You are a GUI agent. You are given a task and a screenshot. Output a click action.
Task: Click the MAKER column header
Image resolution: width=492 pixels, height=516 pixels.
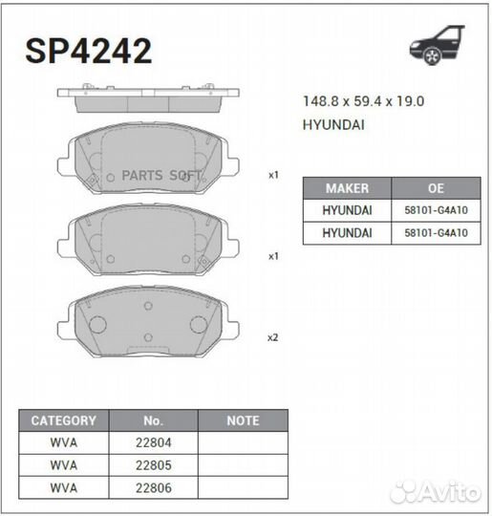pos(347,188)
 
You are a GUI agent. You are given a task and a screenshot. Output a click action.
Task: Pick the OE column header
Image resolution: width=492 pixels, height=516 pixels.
pos(436,188)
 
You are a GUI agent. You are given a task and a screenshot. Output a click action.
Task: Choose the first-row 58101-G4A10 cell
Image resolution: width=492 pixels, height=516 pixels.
pos(436,211)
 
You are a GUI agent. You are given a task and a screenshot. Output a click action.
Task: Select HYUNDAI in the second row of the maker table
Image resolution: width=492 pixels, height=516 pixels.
pos(347,233)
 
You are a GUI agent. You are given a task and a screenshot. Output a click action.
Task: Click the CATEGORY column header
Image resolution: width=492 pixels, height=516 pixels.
pos(64,420)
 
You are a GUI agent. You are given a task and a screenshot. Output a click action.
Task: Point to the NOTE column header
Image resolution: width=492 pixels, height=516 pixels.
pos(243,420)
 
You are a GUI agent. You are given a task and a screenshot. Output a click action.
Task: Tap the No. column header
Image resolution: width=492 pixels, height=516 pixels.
pos(154,420)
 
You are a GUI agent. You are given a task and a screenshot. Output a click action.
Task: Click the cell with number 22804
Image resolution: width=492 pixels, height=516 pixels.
pos(154,442)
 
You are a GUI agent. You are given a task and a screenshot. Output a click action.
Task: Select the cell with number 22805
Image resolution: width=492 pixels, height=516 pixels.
pos(154,464)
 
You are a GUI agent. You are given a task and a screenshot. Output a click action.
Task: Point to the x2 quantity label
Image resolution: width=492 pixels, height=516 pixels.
pos(273,337)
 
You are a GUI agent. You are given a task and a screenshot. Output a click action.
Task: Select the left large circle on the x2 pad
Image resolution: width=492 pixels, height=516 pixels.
pos(96,325)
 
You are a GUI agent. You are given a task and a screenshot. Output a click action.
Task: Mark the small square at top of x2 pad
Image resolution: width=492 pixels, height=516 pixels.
pos(148,307)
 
